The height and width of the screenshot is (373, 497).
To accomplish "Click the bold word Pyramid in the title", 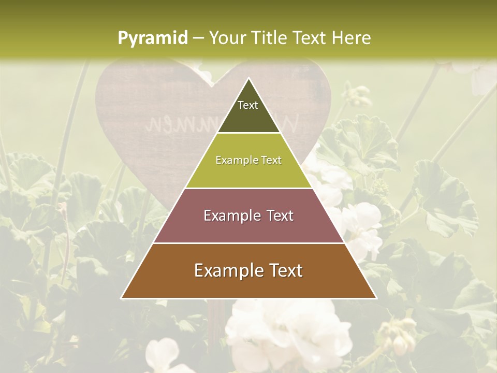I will [152, 38].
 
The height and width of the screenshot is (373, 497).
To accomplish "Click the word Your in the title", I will [228, 38].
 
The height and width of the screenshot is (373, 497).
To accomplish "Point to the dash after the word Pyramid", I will [198, 38].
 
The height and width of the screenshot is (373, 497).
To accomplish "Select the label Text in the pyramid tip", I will [248, 105].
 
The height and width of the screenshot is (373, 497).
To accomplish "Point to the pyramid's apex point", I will [248, 79].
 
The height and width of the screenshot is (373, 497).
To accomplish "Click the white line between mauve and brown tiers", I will [248, 243].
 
